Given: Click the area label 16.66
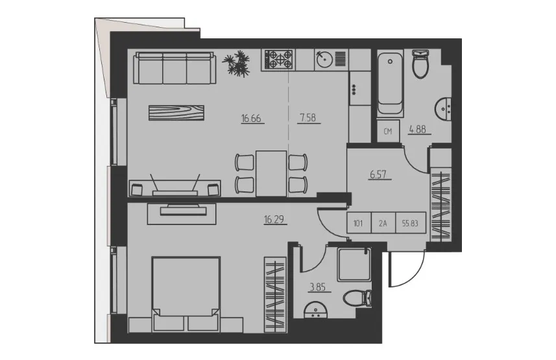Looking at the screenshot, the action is (251, 118).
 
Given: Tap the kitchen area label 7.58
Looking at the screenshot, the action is (308, 117).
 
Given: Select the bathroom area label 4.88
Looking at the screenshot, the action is (418, 129).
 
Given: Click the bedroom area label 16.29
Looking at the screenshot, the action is (274, 219).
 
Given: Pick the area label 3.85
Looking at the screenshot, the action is (318, 287).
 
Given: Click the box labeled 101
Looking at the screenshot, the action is (359, 222).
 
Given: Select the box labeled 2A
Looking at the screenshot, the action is (383, 222).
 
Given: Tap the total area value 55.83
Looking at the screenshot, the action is (410, 223).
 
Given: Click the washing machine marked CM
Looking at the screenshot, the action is (388, 131).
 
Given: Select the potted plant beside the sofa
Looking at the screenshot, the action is (237, 63).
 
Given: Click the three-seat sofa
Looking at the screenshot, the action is (176, 67).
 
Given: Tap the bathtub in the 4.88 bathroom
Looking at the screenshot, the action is (390, 84).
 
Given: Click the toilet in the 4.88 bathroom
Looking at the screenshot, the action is (421, 64).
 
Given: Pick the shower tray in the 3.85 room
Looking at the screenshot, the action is (354, 265).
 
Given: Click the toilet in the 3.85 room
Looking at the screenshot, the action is (357, 298).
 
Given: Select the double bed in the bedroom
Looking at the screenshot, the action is (186, 294).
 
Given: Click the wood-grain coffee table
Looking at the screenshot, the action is (176, 113).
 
